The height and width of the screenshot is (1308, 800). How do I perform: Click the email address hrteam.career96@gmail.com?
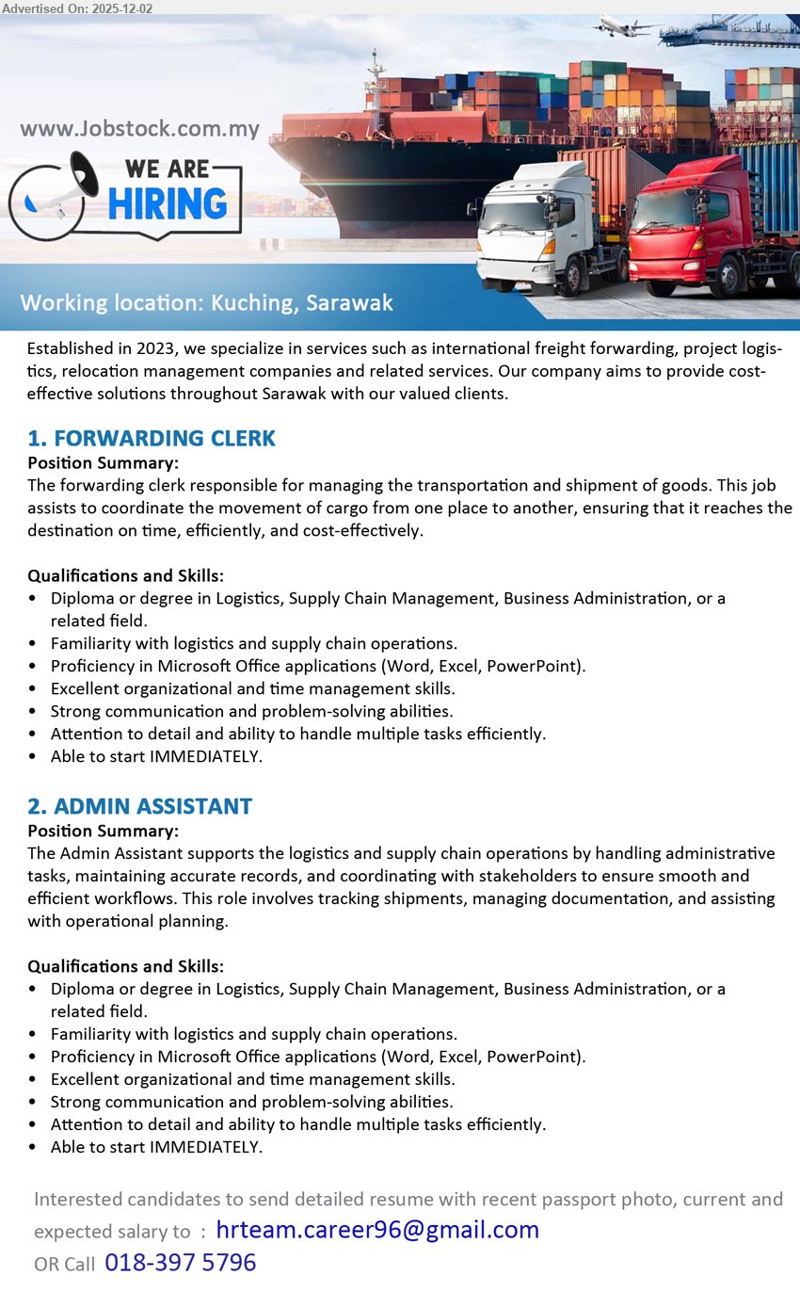pos(377,1230)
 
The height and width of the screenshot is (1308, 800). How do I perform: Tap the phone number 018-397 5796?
pos(180,1263)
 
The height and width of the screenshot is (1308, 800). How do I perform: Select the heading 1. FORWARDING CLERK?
pos(152,438)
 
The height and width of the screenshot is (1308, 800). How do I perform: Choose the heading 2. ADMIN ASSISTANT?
pos(139,806)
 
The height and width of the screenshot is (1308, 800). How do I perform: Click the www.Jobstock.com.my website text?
pos(139,129)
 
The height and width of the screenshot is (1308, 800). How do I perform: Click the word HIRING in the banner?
pos(168,203)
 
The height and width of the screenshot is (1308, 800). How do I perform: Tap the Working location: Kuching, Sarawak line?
pos(206,303)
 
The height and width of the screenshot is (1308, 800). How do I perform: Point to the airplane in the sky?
pos(622,25)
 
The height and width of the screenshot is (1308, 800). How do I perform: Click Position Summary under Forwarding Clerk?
pos(103,462)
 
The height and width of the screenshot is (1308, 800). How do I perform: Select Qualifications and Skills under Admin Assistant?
pos(125,966)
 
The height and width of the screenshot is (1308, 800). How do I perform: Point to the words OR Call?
pos(64,1265)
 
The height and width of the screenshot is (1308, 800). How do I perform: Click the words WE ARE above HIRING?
pos(167,169)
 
